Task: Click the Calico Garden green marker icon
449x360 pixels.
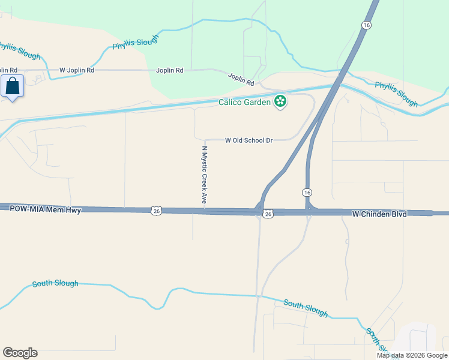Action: click(x=280, y=101)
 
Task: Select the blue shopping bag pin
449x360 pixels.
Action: click(x=12, y=87)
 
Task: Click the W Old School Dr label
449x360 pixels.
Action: click(x=249, y=140)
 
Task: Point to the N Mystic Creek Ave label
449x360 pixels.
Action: click(x=204, y=174)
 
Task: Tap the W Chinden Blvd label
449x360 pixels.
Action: click(x=379, y=214)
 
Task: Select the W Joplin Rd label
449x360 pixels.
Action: click(x=77, y=70)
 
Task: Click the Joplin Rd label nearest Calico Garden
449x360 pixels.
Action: click(x=241, y=79)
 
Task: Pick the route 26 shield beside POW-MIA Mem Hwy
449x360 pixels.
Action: click(x=156, y=211)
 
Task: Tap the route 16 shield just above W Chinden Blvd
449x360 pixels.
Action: click(x=307, y=192)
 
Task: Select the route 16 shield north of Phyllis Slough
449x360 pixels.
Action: click(x=366, y=25)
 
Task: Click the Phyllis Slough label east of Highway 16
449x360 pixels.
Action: click(x=396, y=94)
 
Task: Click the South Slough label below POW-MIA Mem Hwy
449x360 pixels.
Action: click(x=55, y=283)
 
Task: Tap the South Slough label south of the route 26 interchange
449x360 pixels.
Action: click(x=306, y=308)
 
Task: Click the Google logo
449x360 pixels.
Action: click(x=20, y=353)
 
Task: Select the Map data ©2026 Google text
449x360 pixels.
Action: click(x=412, y=355)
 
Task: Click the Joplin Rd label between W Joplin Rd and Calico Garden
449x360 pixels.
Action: click(x=170, y=70)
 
